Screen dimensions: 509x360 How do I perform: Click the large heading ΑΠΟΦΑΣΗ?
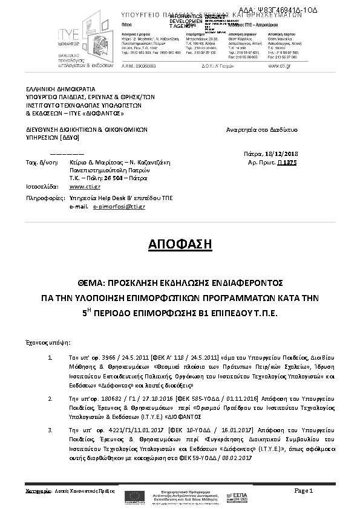point(180,244)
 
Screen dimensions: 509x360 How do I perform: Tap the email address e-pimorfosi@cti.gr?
point(119,207)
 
